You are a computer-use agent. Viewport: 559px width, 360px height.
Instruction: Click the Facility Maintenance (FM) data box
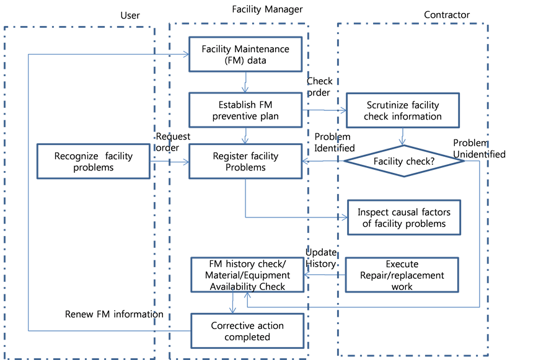(x=245, y=54)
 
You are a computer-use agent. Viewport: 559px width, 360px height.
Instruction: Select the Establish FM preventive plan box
(x=245, y=110)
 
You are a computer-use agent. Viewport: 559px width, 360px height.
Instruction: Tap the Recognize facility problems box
(x=94, y=162)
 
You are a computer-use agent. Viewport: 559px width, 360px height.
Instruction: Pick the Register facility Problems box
(x=245, y=162)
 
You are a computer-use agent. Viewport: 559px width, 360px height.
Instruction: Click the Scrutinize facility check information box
(x=403, y=110)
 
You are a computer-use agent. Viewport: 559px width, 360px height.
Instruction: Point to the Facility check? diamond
(x=404, y=161)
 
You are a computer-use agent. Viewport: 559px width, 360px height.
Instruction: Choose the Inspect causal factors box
(x=404, y=217)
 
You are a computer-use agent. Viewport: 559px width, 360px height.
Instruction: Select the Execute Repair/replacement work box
(x=402, y=275)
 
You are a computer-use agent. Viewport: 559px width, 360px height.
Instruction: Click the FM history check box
(x=247, y=275)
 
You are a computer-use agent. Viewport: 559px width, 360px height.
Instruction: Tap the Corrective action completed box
(x=247, y=331)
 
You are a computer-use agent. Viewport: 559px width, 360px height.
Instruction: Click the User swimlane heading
(x=130, y=15)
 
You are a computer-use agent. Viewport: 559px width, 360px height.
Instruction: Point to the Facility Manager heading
(x=267, y=9)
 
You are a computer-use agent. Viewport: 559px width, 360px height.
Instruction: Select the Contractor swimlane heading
(x=447, y=15)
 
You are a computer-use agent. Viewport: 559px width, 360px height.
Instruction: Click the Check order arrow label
(x=319, y=87)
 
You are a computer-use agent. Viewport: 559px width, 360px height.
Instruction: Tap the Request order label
(x=173, y=142)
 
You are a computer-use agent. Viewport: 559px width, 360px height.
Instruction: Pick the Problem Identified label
(x=335, y=143)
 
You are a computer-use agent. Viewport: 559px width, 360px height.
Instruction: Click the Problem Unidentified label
(x=479, y=148)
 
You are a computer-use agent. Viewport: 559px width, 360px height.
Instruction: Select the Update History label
(x=321, y=258)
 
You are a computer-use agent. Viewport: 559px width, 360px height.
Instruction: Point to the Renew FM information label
(x=114, y=314)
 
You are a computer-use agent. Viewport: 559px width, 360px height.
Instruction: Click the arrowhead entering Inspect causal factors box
(x=345, y=217)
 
